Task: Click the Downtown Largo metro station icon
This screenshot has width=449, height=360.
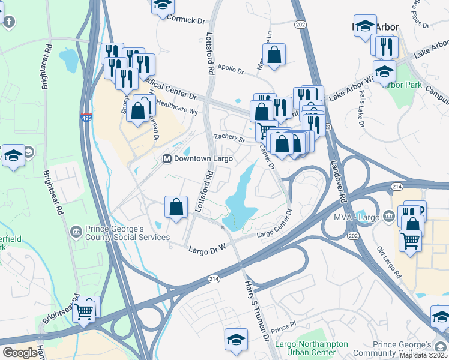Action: click(167, 159)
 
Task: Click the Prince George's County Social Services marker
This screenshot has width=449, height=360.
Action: click(76, 231)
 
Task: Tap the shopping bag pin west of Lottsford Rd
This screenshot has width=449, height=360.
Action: click(176, 208)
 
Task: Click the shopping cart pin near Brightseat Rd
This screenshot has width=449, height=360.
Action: click(85, 311)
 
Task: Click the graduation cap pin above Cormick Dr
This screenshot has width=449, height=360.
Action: click(161, 5)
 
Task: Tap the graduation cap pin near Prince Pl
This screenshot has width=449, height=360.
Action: click(236, 339)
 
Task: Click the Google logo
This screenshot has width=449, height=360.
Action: click(20, 353)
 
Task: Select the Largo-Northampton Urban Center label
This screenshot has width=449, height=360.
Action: click(311, 349)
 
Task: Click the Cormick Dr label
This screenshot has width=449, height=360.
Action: click(186, 20)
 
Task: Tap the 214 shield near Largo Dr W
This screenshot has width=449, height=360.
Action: click(214, 279)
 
